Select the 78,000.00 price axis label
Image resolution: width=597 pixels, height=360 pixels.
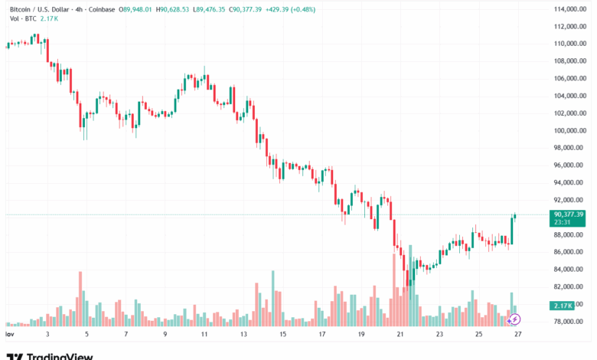click(x=569, y=321)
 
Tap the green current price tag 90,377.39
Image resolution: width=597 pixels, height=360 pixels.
click(x=567, y=214)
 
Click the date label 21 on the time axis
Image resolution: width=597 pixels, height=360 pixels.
click(x=400, y=335)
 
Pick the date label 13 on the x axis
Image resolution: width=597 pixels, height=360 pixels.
click(x=243, y=335)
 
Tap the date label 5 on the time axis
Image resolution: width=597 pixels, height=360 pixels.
click(x=86, y=335)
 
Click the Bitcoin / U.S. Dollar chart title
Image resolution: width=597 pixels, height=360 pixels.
click(x=46, y=9)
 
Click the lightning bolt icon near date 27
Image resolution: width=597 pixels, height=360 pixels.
click(x=514, y=318)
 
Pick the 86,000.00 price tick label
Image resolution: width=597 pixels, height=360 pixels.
click(x=569, y=252)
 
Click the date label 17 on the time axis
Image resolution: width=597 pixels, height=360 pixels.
click(x=321, y=335)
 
